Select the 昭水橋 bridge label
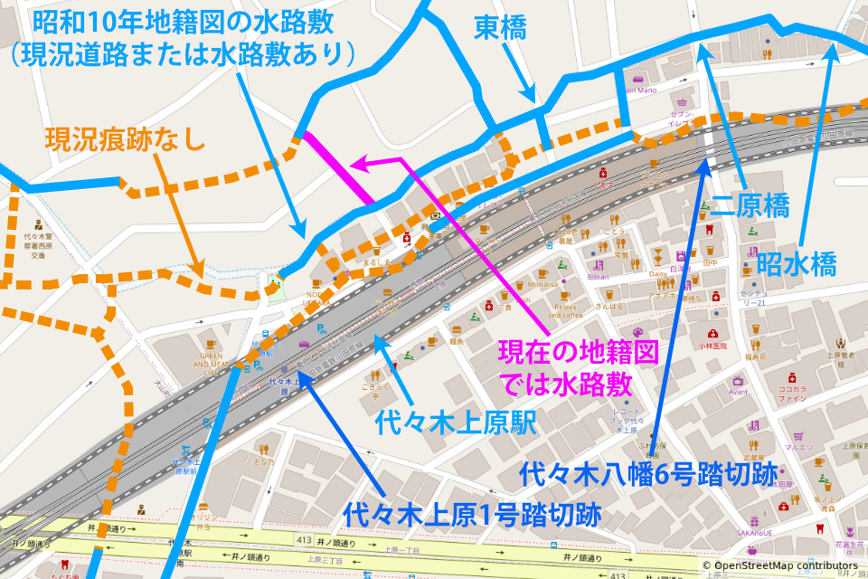tap(797, 264)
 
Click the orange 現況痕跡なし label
tap(126, 139)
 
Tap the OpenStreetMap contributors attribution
tap(783, 565)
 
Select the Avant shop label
tap(738, 392)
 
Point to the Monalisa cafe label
tap(542, 284)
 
